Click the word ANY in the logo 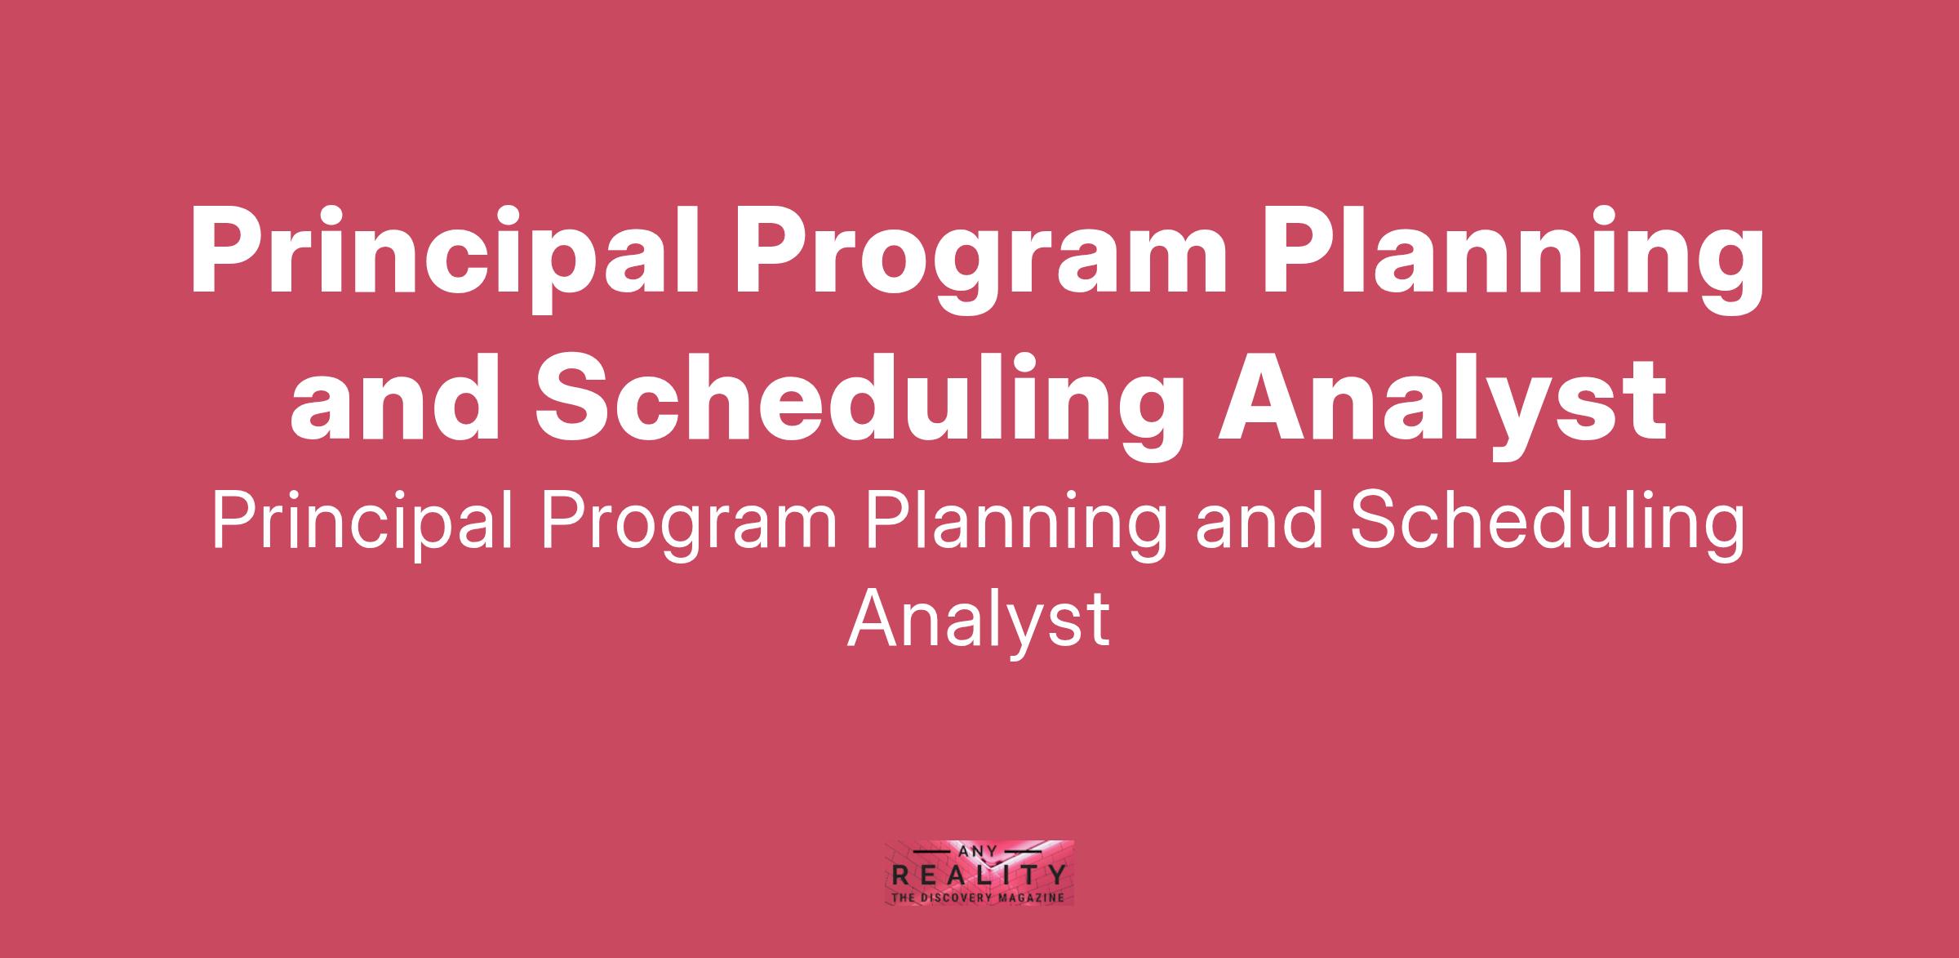(980, 851)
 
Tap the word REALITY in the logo (979, 876)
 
